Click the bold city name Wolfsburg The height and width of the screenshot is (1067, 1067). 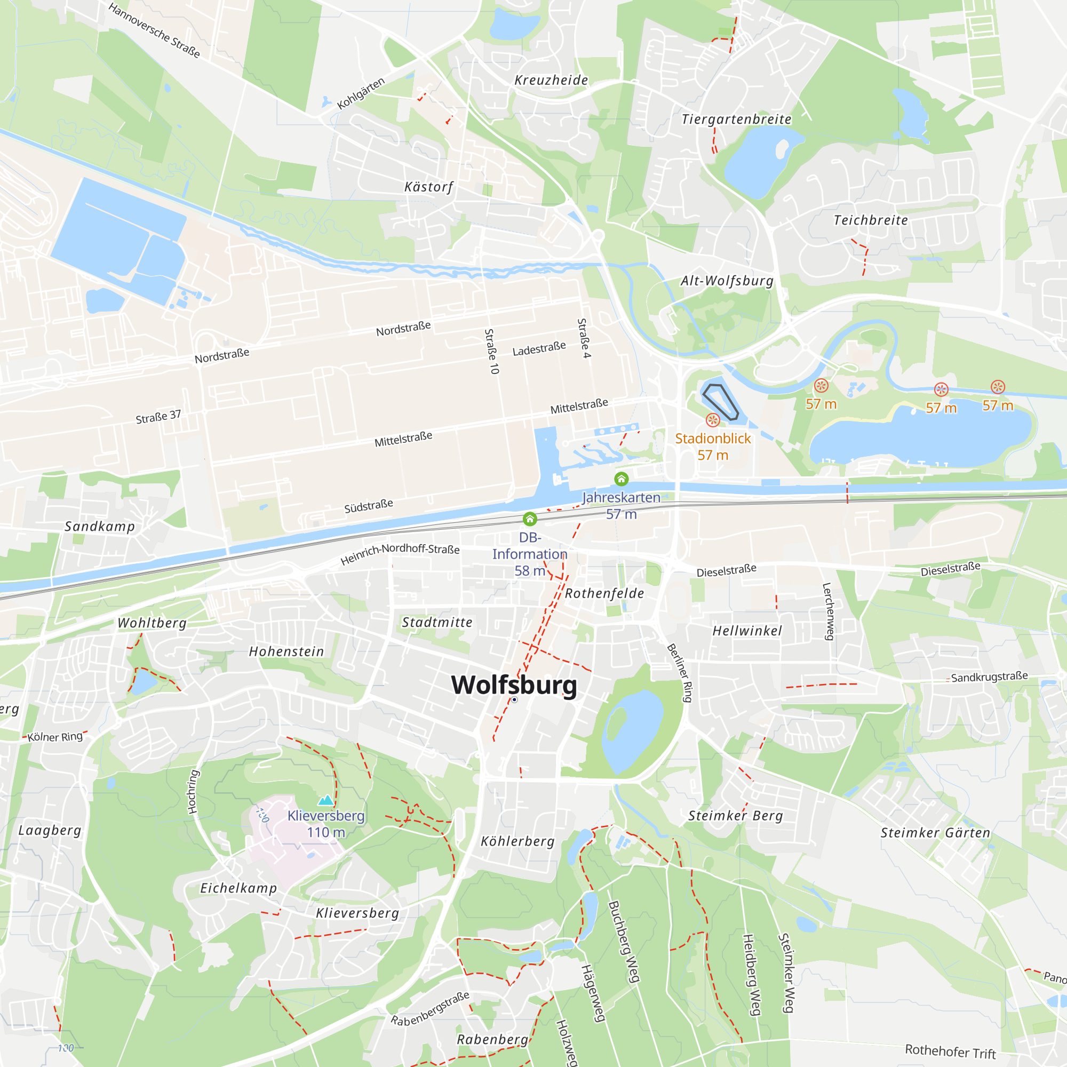514,685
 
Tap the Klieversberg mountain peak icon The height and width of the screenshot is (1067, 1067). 326,800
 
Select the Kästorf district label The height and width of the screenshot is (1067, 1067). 428,187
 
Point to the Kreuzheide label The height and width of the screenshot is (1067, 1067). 551,80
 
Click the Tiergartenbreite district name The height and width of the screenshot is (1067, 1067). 736,120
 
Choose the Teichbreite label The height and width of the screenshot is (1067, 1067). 870,220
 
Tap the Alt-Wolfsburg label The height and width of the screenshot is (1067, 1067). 727,281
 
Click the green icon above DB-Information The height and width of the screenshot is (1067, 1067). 530,519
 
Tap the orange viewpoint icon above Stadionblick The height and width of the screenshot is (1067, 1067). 713,420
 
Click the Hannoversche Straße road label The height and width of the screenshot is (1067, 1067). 154,30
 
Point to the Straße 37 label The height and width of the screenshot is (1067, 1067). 158,417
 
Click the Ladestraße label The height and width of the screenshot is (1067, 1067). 539,348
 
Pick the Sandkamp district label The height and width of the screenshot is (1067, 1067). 100,527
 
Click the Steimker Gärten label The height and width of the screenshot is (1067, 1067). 935,833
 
